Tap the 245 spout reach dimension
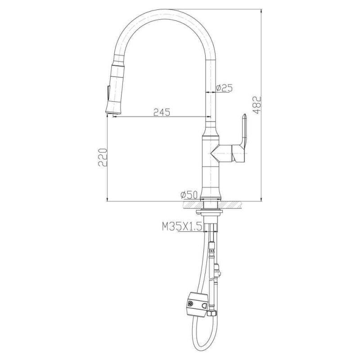162,112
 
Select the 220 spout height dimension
103,157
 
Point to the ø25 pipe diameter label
224,88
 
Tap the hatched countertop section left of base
191,205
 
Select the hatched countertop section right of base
232,205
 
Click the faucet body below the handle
210,178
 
